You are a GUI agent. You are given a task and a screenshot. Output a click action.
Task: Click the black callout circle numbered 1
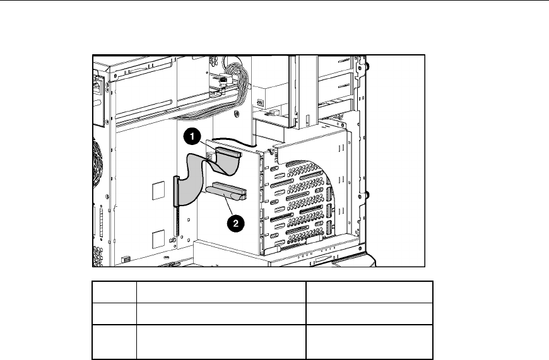[192, 136]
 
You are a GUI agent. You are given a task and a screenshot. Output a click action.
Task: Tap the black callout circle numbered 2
[235, 223]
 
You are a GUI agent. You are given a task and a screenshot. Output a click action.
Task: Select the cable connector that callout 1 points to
[228, 152]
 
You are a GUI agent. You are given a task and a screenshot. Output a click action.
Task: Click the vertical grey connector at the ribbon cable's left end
[176, 191]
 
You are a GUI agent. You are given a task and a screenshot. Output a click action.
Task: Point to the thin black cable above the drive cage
[234, 141]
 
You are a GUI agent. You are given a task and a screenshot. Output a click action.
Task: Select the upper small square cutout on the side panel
[158, 190]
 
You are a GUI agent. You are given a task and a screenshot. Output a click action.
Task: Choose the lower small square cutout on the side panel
[158, 239]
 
